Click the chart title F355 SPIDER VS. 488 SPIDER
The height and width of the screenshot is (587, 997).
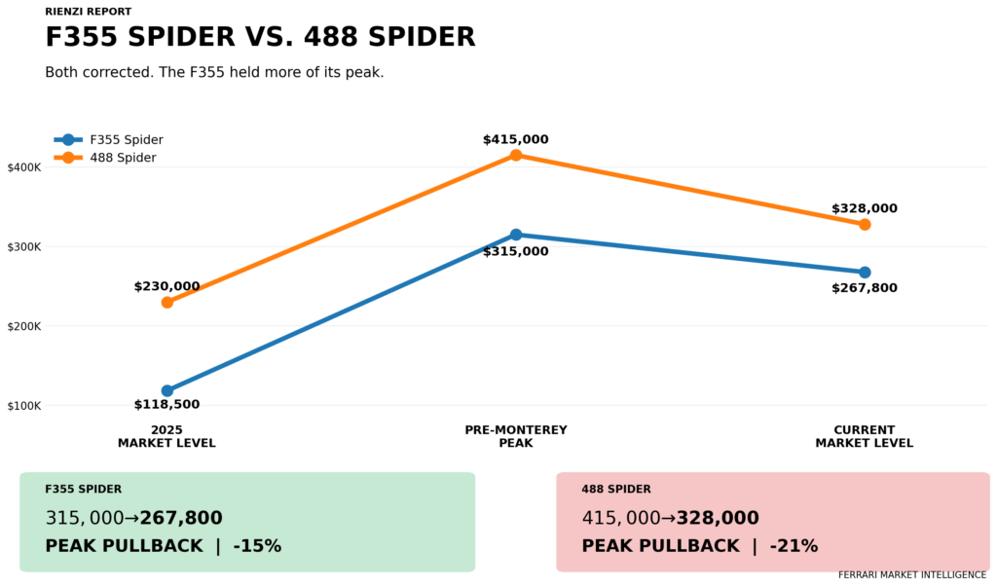pyautogui.click(x=260, y=37)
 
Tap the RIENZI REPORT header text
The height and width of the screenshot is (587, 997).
pyautogui.click(x=89, y=12)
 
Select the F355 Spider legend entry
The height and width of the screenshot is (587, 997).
pyautogui.click(x=109, y=140)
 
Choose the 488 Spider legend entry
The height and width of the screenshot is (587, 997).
pyautogui.click(x=105, y=158)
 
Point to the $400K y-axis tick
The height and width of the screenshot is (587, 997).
pyautogui.click(x=24, y=167)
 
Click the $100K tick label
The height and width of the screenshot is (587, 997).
pyautogui.click(x=24, y=406)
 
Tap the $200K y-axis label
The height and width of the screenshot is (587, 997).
pyautogui.click(x=24, y=326)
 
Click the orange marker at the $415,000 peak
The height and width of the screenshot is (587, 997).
pyautogui.click(x=516, y=155)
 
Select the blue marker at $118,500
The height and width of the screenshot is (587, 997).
pyautogui.click(x=167, y=390)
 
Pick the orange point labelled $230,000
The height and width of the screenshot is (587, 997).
pyautogui.click(x=167, y=303)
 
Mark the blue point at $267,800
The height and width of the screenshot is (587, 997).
pyautogui.click(x=865, y=273)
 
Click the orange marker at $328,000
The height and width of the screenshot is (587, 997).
pyautogui.click(x=865, y=225)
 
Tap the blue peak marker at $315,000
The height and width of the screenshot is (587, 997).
pyautogui.click(x=516, y=235)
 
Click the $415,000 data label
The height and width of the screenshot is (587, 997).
pyautogui.click(x=516, y=140)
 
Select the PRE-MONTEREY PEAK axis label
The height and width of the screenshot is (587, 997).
pyautogui.click(x=516, y=436)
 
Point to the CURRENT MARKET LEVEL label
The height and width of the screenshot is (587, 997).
pyautogui.click(x=865, y=436)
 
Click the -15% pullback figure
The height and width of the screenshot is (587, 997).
pyautogui.click(x=257, y=546)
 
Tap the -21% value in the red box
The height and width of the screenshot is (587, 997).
pyautogui.click(x=794, y=546)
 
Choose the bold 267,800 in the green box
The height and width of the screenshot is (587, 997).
pyautogui.click(x=181, y=518)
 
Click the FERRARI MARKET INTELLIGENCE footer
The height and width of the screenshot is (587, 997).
pyautogui.click(x=912, y=575)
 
